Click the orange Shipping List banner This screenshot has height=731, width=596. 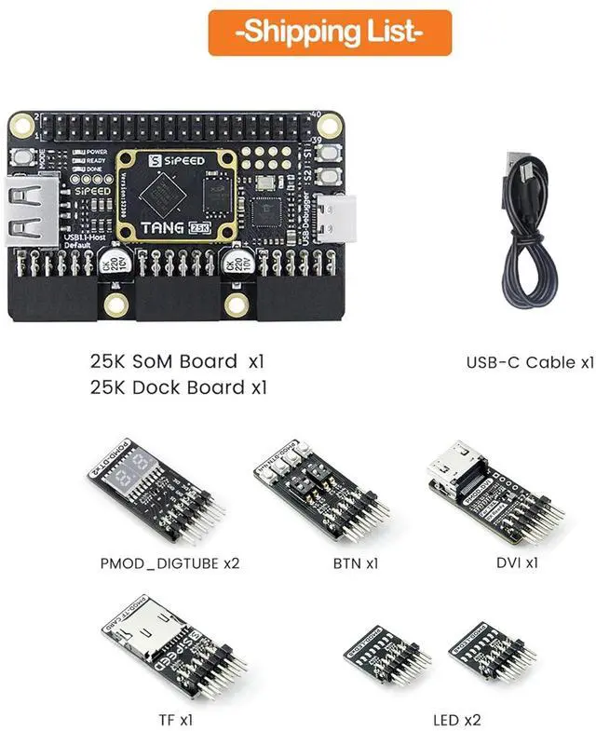[x=330, y=33]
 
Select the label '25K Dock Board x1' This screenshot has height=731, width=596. [x=178, y=387]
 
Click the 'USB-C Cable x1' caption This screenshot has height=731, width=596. [x=529, y=362]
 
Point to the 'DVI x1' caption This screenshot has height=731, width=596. [x=517, y=562]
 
